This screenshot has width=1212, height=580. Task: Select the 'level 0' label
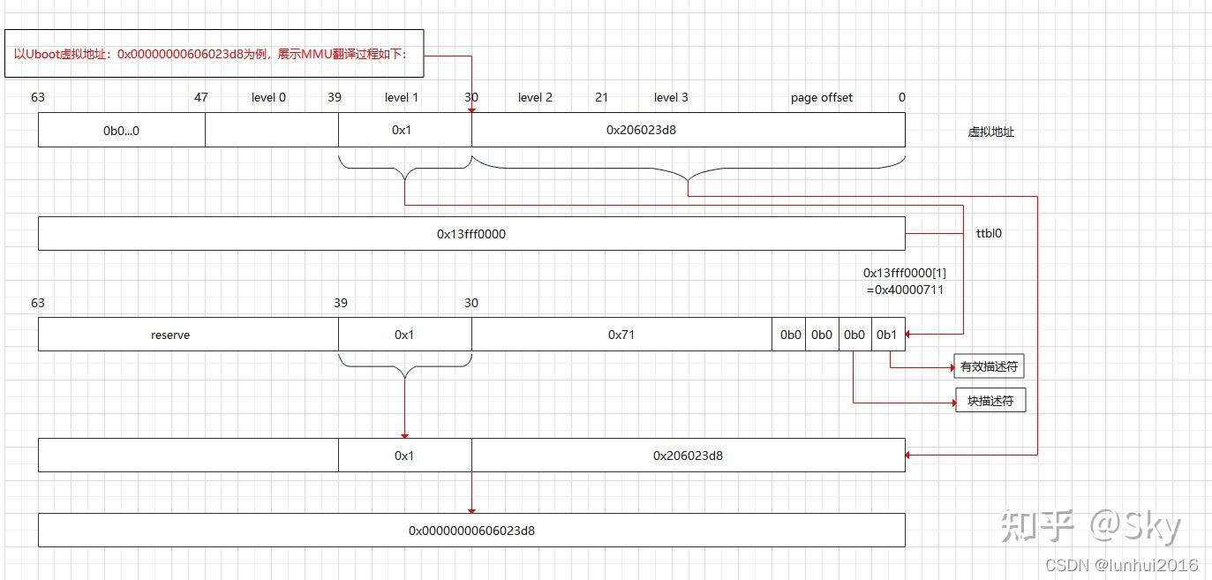point(268,97)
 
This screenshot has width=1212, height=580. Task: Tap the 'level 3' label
point(671,97)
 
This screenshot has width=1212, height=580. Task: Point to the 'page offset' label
point(822,97)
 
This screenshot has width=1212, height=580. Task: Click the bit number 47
point(201,97)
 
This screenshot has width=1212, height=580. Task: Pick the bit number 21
point(601,97)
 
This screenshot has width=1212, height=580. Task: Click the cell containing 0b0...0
point(122,130)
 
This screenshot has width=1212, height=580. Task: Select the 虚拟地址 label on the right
point(990,132)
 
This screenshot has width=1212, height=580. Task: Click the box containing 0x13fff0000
point(471,234)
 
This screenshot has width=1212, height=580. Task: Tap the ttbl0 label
point(989,234)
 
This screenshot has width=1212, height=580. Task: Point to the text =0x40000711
point(905,289)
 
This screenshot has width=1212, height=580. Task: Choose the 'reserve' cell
point(170,335)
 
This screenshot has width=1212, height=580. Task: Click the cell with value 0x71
point(621,335)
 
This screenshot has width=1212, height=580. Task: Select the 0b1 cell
point(887,335)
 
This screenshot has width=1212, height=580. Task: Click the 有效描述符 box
point(989,366)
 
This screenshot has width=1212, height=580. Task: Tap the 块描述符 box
point(990,401)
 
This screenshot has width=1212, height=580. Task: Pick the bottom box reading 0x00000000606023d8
point(471,531)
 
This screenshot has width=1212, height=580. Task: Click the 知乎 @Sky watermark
point(1091,526)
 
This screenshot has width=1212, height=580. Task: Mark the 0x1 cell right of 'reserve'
point(404,335)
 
